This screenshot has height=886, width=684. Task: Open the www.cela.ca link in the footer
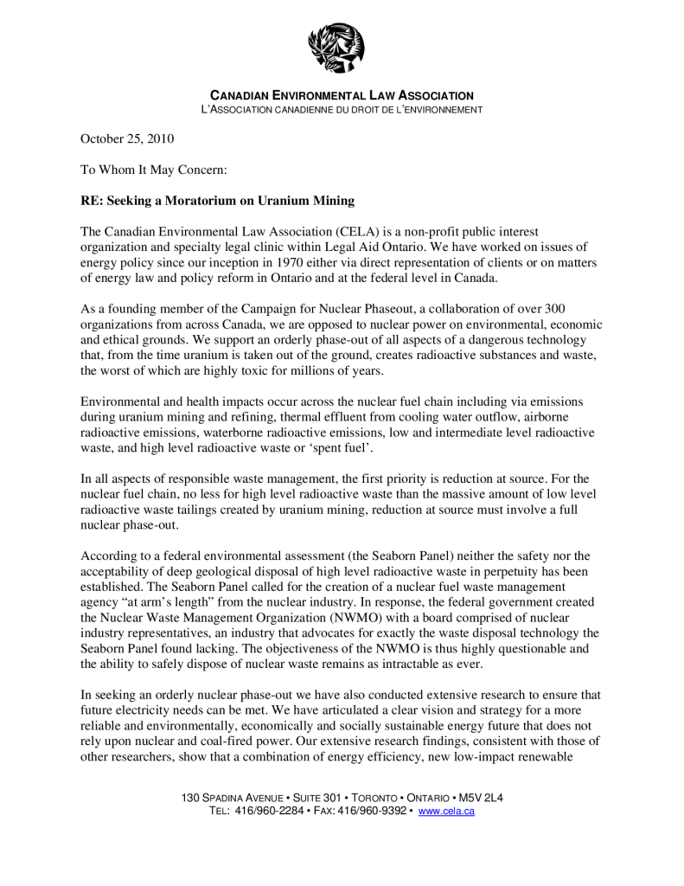point(446,812)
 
